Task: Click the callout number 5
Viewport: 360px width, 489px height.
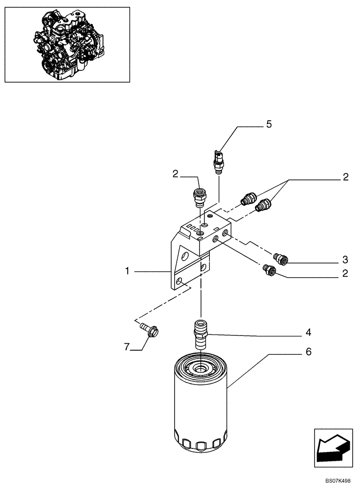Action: click(269, 124)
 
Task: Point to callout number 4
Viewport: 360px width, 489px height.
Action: click(309, 333)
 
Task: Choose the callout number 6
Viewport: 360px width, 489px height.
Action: click(309, 352)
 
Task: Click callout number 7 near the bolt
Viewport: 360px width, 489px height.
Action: click(126, 347)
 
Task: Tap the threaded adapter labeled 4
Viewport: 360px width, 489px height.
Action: click(201, 333)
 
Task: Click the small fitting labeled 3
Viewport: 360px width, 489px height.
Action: click(281, 257)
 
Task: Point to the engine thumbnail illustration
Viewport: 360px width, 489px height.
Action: click(67, 44)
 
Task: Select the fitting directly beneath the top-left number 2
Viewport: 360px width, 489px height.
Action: click(199, 195)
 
